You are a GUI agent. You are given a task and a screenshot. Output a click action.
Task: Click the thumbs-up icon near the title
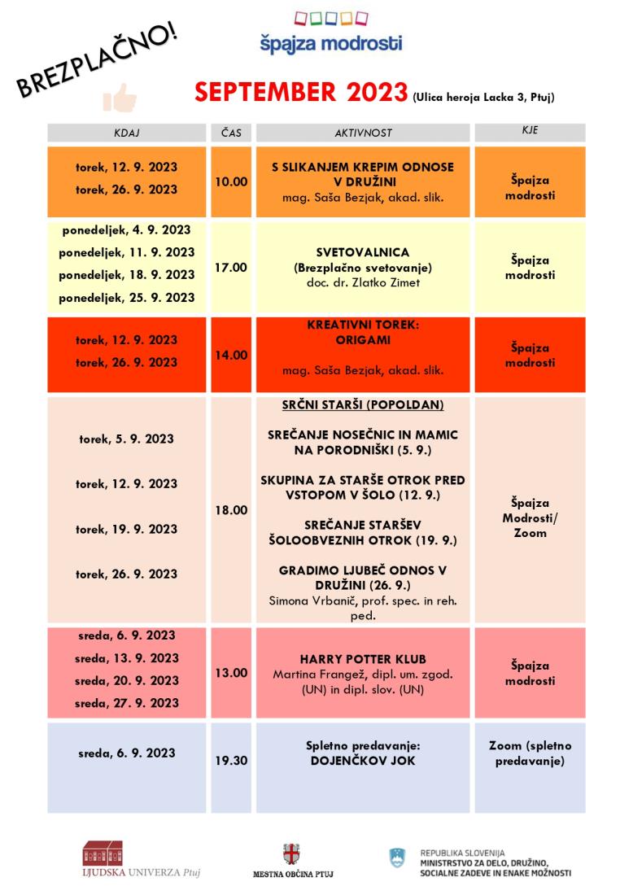click(x=120, y=97)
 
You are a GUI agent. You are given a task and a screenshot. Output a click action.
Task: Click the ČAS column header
click(x=231, y=132)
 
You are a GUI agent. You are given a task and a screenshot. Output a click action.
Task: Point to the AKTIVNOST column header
click(x=363, y=132)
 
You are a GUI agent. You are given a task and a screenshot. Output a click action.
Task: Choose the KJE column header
click(x=530, y=130)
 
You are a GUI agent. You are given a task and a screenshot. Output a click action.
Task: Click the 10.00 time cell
click(x=231, y=181)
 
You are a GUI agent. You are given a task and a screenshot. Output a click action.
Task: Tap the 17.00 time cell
click(x=231, y=267)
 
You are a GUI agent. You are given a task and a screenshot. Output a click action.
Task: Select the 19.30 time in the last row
click(x=231, y=762)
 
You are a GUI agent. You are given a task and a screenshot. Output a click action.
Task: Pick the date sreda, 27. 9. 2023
click(x=127, y=703)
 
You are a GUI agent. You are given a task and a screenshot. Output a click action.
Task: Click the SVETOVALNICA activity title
click(x=363, y=252)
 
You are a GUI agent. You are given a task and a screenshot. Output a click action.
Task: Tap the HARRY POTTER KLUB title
click(x=363, y=658)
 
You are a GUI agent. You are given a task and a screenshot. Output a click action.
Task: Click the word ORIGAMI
click(x=363, y=341)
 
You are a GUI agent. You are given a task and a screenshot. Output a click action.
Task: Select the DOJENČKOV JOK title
click(x=363, y=761)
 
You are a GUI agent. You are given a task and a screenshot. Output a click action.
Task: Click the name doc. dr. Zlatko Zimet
click(x=363, y=282)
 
